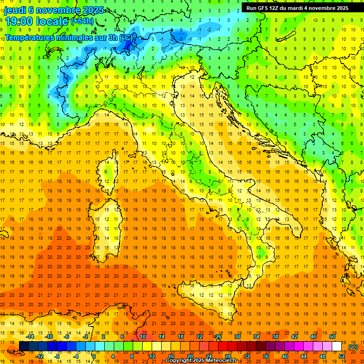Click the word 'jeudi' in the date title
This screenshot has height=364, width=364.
coord(16,10)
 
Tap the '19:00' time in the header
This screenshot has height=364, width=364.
coord(19,21)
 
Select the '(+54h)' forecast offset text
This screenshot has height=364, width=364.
coord(82,21)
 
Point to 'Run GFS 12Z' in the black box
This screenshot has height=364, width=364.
coord(263,8)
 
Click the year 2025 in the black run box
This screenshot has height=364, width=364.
coord(341,8)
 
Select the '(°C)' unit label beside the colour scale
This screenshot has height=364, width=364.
coord(353,347)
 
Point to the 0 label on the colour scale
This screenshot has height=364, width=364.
coord(94,356)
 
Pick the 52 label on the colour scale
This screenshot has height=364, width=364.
coord(342,356)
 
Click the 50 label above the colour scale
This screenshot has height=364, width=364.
coord(332,337)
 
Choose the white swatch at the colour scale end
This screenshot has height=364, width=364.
coord(337,346)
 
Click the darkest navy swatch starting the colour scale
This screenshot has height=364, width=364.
coord(24,346)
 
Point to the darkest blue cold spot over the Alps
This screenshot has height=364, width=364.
coord(128,45)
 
